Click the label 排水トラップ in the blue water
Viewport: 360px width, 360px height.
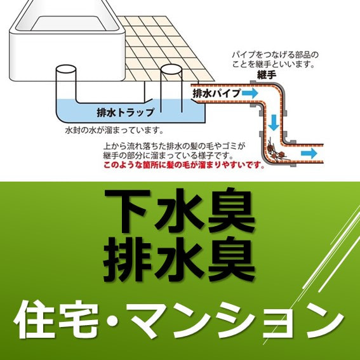click(x=125, y=112)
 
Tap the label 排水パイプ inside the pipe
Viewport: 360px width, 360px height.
click(x=217, y=93)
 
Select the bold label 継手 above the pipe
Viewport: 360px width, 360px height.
click(x=267, y=75)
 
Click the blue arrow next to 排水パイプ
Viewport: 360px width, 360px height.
click(x=250, y=93)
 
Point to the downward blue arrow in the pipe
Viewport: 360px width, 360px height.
click(x=274, y=123)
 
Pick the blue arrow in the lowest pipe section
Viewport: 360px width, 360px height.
click(x=309, y=153)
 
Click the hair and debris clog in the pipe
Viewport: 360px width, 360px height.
click(x=277, y=152)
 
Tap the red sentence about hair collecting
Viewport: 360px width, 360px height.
click(x=183, y=165)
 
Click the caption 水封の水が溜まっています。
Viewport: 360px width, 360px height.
click(x=114, y=130)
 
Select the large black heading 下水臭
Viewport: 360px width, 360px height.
click(x=180, y=210)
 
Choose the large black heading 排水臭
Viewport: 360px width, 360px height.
click(x=179, y=259)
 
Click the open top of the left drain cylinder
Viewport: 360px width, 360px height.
click(x=66, y=69)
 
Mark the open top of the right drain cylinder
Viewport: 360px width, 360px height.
click(x=171, y=69)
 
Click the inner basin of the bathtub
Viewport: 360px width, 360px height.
click(x=69, y=23)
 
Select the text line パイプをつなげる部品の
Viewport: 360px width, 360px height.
click(x=276, y=55)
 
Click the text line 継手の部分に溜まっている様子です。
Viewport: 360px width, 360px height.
click(x=168, y=156)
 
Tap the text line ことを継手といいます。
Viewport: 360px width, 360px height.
click(x=273, y=64)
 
